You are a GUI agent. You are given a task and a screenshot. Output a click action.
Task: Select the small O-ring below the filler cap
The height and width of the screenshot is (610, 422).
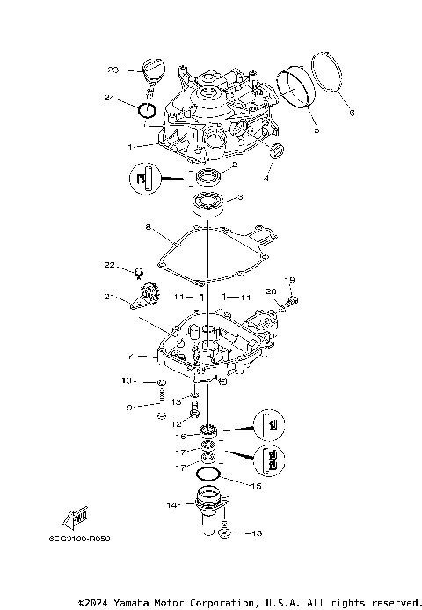(148, 111)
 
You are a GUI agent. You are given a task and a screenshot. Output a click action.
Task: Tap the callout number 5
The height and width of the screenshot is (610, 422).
(316, 130)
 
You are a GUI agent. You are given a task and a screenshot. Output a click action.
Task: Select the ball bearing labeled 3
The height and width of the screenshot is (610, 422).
(207, 203)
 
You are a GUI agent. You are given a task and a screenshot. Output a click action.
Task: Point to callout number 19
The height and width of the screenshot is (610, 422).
(292, 279)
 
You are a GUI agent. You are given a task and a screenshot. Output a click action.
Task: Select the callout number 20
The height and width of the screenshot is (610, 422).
(270, 290)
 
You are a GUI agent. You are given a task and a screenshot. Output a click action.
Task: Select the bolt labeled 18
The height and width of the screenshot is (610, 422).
(226, 532)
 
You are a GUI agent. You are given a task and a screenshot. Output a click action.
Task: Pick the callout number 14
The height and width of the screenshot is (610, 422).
(172, 506)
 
